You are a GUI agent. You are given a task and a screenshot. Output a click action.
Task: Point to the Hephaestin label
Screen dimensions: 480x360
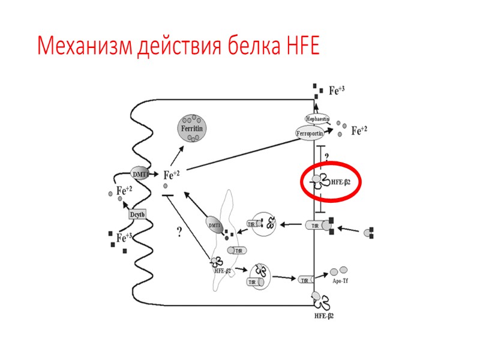tap(318, 119)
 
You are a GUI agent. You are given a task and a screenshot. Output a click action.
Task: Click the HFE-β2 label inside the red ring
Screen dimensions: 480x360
tap(341, 181)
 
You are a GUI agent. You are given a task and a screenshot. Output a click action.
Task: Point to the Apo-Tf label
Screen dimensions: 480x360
tap(341, 280)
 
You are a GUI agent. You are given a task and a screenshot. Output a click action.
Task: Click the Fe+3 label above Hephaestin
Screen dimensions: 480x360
tap(337, 91)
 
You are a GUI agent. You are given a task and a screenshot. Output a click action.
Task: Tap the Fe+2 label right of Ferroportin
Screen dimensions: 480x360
tap(359, 130)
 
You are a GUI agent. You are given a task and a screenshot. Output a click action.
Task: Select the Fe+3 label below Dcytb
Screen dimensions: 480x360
tap(125, 238)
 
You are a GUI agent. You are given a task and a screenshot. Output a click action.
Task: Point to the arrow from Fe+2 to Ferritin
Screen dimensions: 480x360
tap(175, 155)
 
